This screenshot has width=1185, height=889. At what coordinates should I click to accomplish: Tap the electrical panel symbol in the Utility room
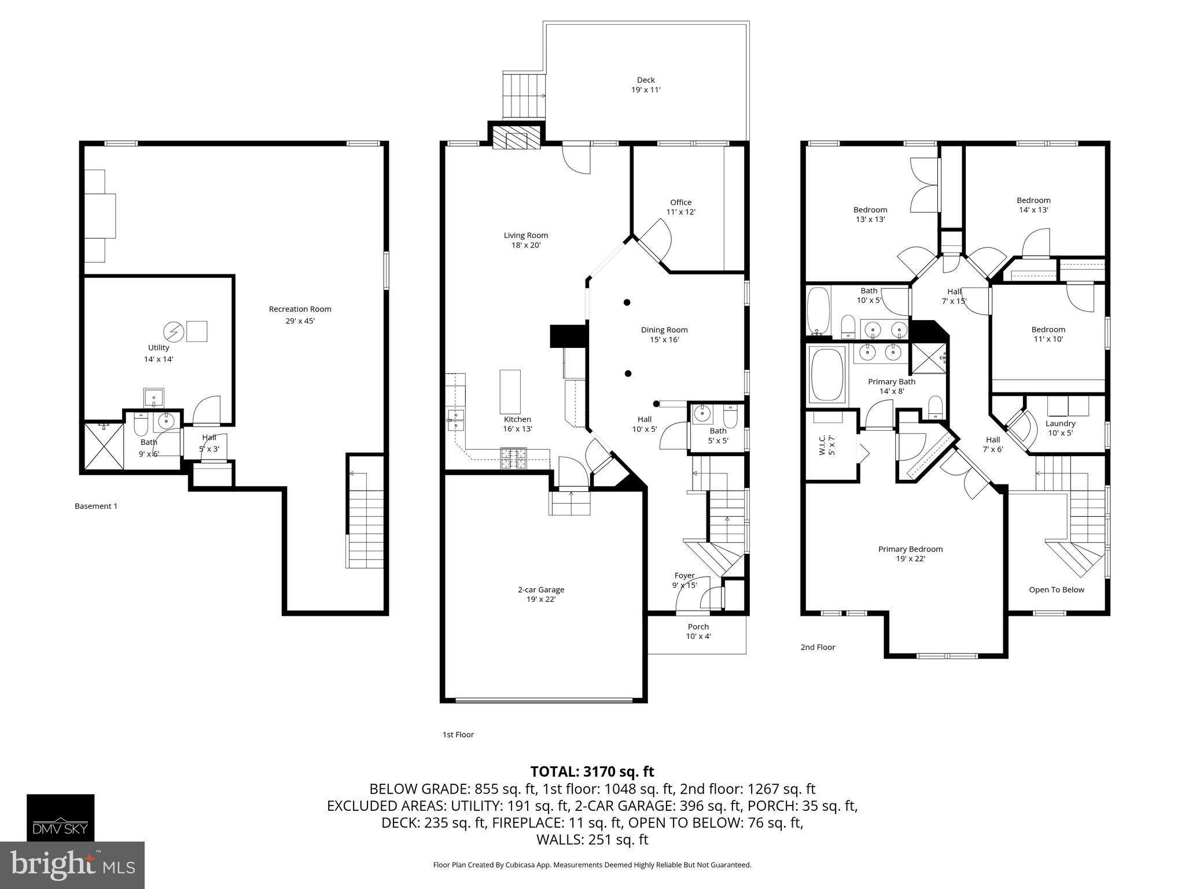coord(174,332)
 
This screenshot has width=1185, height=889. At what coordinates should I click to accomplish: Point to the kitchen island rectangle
coord(510,391)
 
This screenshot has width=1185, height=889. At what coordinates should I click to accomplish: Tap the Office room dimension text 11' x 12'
coord(680,212)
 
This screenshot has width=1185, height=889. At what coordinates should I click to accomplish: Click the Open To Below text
coord(1056,590)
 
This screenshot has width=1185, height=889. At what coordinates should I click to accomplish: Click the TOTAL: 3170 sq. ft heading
coord(592,772)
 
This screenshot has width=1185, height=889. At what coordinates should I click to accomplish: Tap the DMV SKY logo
coord(60,817)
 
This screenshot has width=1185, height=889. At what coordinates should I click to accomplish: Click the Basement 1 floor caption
coord(96,506)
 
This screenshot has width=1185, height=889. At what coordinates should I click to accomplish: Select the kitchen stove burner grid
coord(514,458)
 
